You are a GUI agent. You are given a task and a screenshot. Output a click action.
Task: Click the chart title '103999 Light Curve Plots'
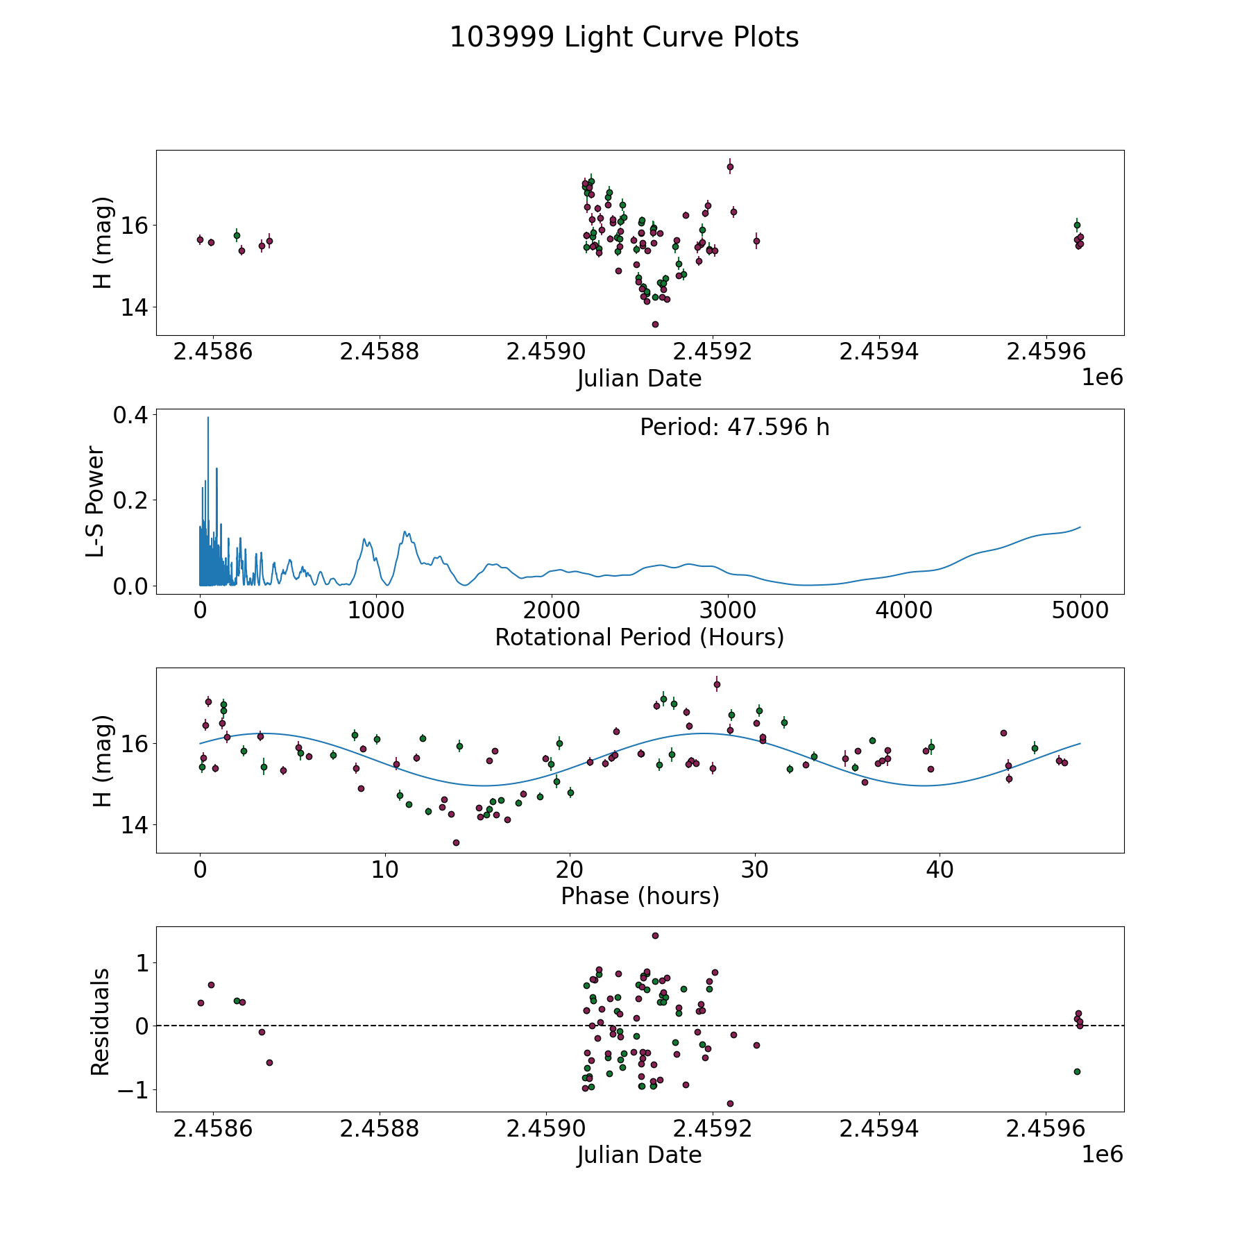coord(624,37)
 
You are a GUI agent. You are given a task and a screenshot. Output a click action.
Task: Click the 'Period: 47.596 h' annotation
coord(734,427)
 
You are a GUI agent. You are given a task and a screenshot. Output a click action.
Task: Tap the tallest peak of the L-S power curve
coord(208,418)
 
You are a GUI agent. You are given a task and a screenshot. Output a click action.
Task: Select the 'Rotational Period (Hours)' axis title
coord(639,637)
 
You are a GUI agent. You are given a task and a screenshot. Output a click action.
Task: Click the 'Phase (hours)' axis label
coord(639,896)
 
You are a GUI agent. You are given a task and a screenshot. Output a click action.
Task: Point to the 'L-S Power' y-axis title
coord(96,501)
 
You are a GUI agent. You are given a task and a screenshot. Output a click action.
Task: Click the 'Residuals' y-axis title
coord(101,1021)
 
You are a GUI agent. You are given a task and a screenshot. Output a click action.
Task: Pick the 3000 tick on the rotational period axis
coord(728,611)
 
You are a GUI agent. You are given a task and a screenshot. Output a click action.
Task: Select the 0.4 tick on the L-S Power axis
coord(130,415)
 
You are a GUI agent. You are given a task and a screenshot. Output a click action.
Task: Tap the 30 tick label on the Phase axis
coord(755,869)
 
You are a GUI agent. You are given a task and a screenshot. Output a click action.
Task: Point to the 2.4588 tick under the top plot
coord(379,352)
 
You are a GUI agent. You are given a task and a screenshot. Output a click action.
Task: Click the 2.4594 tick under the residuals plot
coord(878,1129)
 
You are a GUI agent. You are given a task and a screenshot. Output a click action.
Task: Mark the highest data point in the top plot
coord(730,167)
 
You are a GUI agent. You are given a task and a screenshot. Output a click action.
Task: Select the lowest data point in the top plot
coord(655,324)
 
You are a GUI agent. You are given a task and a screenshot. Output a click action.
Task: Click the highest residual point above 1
coord(655,935)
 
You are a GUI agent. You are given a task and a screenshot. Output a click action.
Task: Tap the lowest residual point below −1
coord(730,1103)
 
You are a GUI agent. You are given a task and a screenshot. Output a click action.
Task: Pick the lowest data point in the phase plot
coord(456,842)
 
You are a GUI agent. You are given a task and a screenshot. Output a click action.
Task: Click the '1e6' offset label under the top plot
coord(1102,377)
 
